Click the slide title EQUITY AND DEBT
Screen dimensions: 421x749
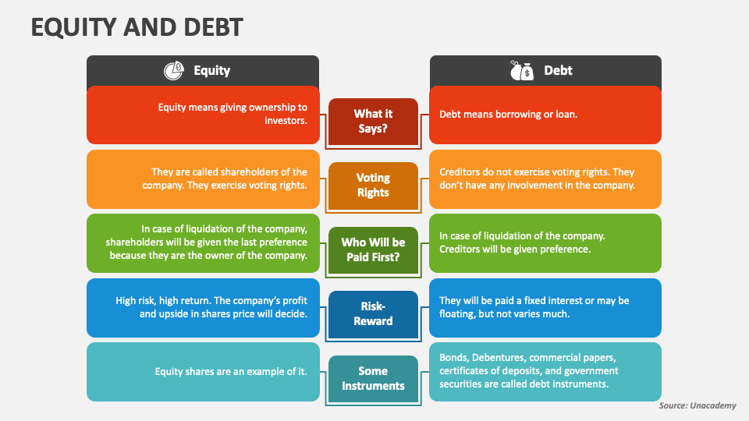[137, 27]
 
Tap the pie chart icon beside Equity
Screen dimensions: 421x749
[173, 70]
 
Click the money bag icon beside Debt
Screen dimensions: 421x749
[521, 70]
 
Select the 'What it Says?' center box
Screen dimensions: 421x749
[373, 121]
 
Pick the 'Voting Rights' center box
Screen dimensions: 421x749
[373, 185]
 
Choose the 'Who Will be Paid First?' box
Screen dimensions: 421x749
[373, 249]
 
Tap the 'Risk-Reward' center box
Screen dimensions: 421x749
[373, 313]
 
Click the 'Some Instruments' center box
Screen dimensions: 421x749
[373, 378]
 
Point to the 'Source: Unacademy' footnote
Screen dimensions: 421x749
[698, 406]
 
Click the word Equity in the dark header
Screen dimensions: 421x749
[211, 70]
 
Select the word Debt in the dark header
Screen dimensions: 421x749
[558, 70]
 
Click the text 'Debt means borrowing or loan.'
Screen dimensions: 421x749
[508, 114]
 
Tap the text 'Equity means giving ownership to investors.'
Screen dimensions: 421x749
[233, 114]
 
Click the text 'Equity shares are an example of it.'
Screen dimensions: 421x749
[231, 371]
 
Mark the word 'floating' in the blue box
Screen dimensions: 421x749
[457, 313]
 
